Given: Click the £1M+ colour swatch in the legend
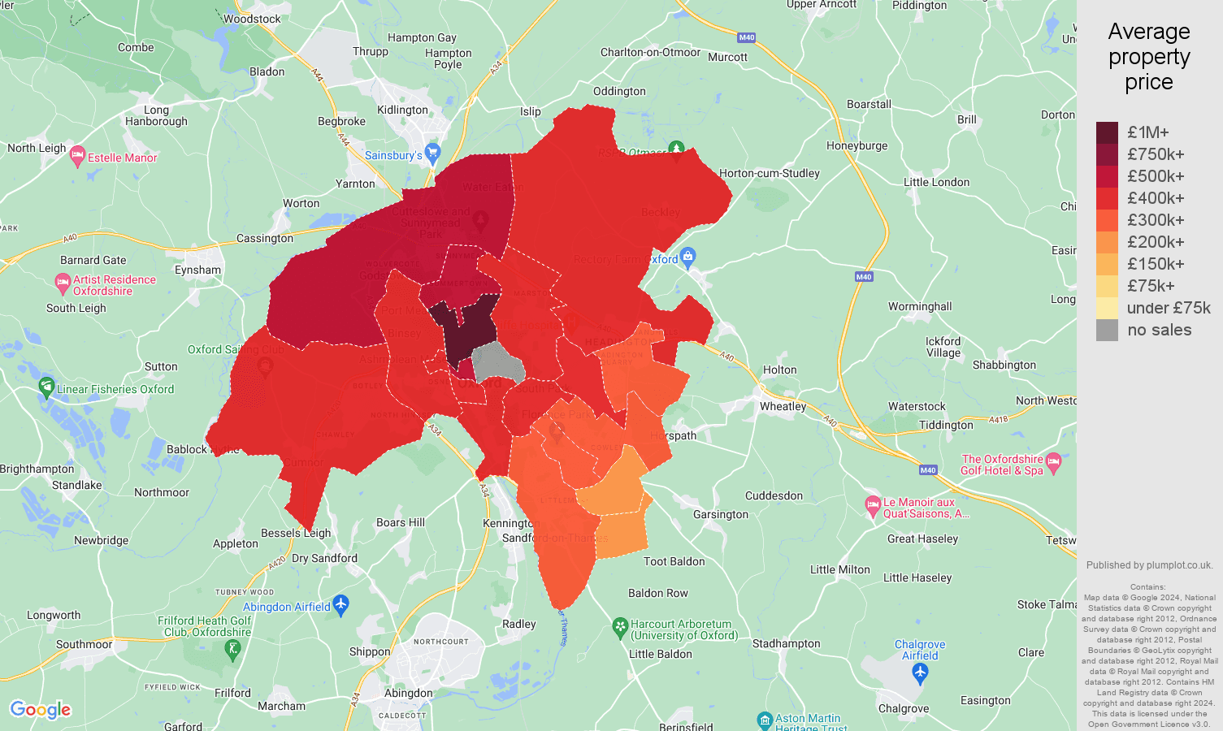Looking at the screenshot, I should pos(1107,132).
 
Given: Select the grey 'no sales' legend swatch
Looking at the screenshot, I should pos(1107,330).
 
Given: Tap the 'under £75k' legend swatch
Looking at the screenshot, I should pos(1107,308).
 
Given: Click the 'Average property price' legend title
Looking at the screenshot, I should pos(1148,57).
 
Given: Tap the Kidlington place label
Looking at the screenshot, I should pos(402,110).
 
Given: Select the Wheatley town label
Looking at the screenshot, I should pos(783,406).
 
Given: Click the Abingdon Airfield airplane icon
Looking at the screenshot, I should pos(340,604).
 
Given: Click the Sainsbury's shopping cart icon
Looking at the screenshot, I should pos(432,152).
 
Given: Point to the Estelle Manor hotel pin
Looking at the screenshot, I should pos(78,156).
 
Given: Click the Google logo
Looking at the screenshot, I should pos(41,710).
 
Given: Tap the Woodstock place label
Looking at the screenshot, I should pos(252,19).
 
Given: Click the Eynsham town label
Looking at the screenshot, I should pos(197,270).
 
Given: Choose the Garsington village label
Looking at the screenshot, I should pos(721,514).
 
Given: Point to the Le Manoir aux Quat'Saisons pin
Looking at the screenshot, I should pos(873,506).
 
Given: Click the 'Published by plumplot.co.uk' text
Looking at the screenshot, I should pos(1149,565).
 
